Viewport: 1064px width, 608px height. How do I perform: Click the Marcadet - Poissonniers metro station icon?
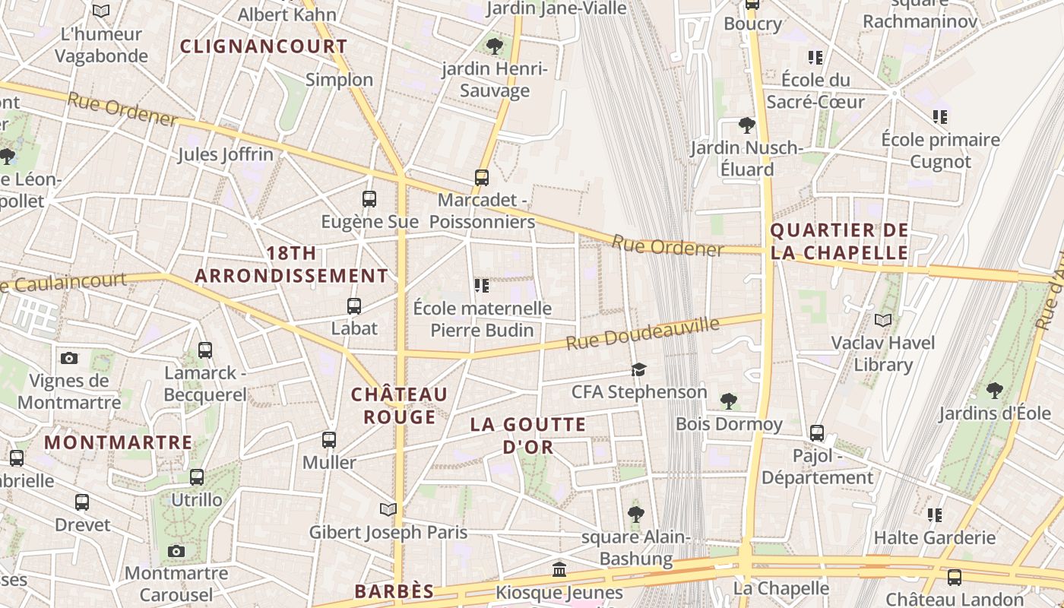(x=481, y=178)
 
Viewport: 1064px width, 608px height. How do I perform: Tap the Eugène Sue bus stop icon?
(x=369, y=199)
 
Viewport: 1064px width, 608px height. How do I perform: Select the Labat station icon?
(x=354, y=306)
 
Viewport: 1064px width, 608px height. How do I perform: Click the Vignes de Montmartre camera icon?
(x=69, y=358)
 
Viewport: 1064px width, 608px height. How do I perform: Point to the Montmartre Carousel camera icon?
(x=176, y=551)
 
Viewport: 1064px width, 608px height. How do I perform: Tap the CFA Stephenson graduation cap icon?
(x=638, y=370)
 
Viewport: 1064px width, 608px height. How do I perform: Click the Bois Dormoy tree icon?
(x=729, y=401)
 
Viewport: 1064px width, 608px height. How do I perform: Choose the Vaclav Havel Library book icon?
(x=883, y=321)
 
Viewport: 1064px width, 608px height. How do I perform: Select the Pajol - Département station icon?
(x=817, y=433)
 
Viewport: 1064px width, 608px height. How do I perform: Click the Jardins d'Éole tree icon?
(x=995, y=391)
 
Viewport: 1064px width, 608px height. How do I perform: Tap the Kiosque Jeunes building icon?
(x=559, y=569)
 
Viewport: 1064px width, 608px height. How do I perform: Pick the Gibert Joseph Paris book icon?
(x=388, y=509)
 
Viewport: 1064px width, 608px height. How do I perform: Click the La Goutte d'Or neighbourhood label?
(x=528, y=435)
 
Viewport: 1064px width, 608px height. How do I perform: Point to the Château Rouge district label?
(x=399, y=406)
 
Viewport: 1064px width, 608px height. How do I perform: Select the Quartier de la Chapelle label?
(x=839, y=241)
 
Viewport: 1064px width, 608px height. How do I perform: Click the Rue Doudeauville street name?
(x=642, y=334)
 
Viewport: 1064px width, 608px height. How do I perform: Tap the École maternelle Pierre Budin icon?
(x=482, y=286)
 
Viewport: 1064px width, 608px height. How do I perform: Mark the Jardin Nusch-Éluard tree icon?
(x=747, y=125)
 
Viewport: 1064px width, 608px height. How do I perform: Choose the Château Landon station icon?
(x=955, y=578)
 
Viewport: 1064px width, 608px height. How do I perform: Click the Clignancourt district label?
(x=264, y=46)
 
